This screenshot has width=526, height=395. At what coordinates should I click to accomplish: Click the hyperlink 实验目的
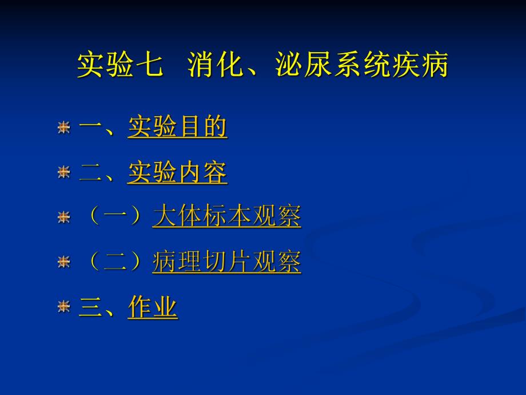click(177, 127)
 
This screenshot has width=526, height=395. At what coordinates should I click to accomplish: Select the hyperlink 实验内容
click(177, 172)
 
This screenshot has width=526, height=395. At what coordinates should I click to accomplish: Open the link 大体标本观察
click(226, 217)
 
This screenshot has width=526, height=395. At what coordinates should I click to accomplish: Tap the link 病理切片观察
click(226, 262)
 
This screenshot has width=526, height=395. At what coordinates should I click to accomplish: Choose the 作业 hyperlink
click(153, 307)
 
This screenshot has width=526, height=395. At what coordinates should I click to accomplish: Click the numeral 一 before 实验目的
click(91, 127)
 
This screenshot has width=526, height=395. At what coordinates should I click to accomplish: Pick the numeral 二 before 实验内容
click(91, 172)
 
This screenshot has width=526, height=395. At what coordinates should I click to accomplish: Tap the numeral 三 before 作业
click(91, 307)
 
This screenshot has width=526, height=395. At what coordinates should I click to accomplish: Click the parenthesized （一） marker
click(116, 217)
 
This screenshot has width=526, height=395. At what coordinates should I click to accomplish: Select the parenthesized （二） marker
click(116, 262)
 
